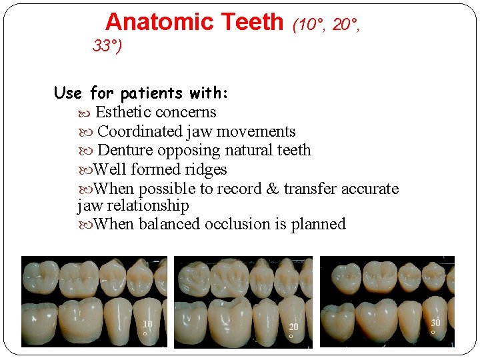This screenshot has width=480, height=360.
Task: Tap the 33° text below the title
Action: (x=107, y=46)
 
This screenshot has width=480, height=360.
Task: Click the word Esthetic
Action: (x=123, y=112)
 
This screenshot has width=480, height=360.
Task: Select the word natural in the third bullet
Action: (x=247, y=150)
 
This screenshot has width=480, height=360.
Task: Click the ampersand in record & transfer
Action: (x=272, y=189)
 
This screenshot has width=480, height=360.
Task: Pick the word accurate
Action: (x=369, y=189)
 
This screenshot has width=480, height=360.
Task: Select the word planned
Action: (x=318, y=224)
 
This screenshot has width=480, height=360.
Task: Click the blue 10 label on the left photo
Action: (x=147, y=324)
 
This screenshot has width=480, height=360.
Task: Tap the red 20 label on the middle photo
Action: (x=293, y=327)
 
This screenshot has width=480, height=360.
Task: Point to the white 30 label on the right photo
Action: (x=435, y=323)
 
